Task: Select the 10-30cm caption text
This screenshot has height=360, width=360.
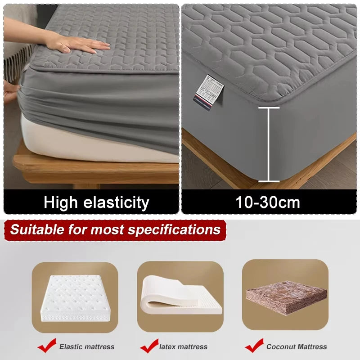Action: tap(268, 202)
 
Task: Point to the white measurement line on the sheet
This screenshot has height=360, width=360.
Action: tap(269, 144)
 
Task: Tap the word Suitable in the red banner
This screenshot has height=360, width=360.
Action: tap(36, 230)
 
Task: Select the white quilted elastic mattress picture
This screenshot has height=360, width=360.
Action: tap(74, 297)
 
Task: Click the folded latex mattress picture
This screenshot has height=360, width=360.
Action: tap(180, 297)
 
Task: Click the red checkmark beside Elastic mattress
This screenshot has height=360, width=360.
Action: tap(47, 345)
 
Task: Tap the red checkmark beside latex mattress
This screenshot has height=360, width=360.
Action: tap(149, 345)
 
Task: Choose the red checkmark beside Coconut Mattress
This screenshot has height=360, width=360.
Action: tap(254, 345)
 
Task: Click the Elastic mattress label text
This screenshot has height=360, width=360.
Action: tap(87, 346)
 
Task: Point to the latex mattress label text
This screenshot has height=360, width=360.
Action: tap(184, 346)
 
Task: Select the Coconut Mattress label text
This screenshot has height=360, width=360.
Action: tap(297, 346)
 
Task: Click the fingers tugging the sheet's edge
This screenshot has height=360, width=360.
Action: tap(11, 90)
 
